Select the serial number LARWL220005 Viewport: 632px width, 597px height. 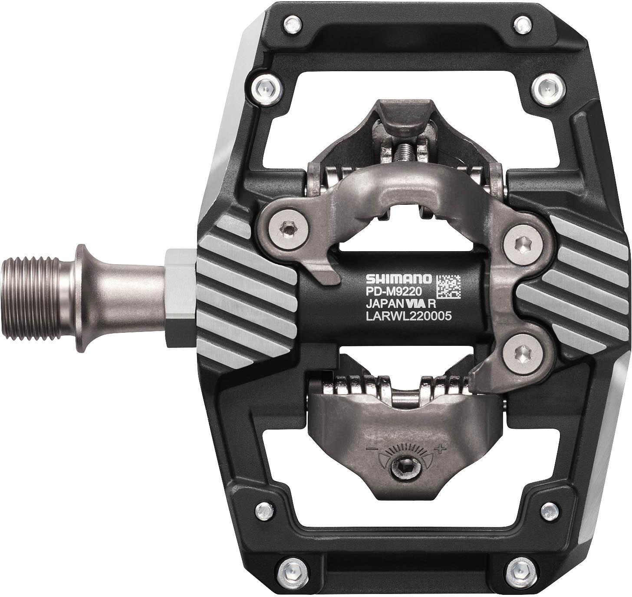click(x=403, y=317)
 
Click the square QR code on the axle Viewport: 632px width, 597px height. click(x=447, y=286)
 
